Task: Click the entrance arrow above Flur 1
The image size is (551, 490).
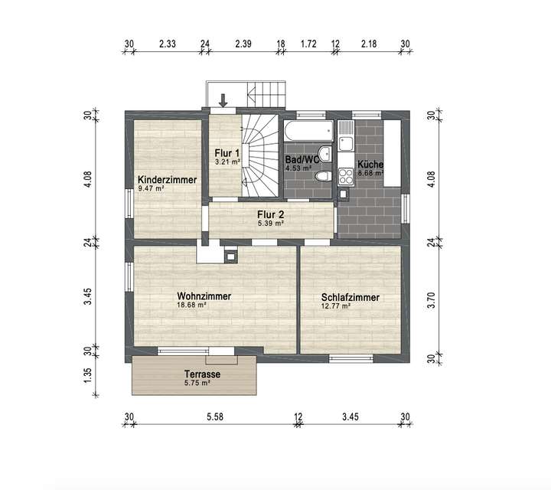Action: tap(223, 100)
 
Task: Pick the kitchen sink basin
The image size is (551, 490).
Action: tap(346, 142)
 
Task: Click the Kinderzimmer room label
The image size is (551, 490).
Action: tap(167, 180)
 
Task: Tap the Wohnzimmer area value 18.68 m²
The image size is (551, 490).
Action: tap(191, 304)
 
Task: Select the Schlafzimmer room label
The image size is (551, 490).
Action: tap(350, 298)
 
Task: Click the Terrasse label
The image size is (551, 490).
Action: tap(203, 374)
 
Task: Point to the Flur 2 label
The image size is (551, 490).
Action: tap(271, 214)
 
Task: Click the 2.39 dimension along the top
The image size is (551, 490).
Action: tap(243, 44)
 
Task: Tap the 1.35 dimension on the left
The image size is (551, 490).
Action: tap(89, 374)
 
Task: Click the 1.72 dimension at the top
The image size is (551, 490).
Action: tap(308, 44)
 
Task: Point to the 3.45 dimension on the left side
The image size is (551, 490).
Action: tap(89, 297)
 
